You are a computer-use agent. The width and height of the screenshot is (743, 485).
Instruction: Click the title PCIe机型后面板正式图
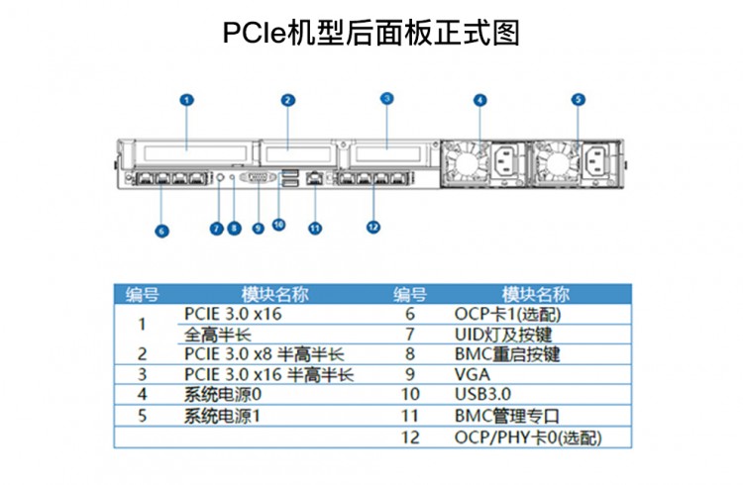coord(371,33)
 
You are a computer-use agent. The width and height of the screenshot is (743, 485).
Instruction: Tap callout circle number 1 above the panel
coord(187,99)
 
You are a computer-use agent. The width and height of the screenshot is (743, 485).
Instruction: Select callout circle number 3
coord(387,98)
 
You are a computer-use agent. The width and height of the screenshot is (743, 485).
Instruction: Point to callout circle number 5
coord(579,99)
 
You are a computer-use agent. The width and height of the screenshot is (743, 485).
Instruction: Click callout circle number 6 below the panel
coord(161,231)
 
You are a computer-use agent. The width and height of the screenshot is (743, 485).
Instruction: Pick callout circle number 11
coord(315,228)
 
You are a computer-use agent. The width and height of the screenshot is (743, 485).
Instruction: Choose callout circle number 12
coord(373,227)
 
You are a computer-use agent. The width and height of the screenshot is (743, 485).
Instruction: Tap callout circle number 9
coord(258,228)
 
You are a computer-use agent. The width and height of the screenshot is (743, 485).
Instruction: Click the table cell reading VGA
coord(472,374)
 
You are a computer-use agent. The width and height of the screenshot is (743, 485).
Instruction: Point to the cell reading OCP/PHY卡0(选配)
coord(527,436)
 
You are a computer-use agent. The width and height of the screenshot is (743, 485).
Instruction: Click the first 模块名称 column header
coord(274,293)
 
